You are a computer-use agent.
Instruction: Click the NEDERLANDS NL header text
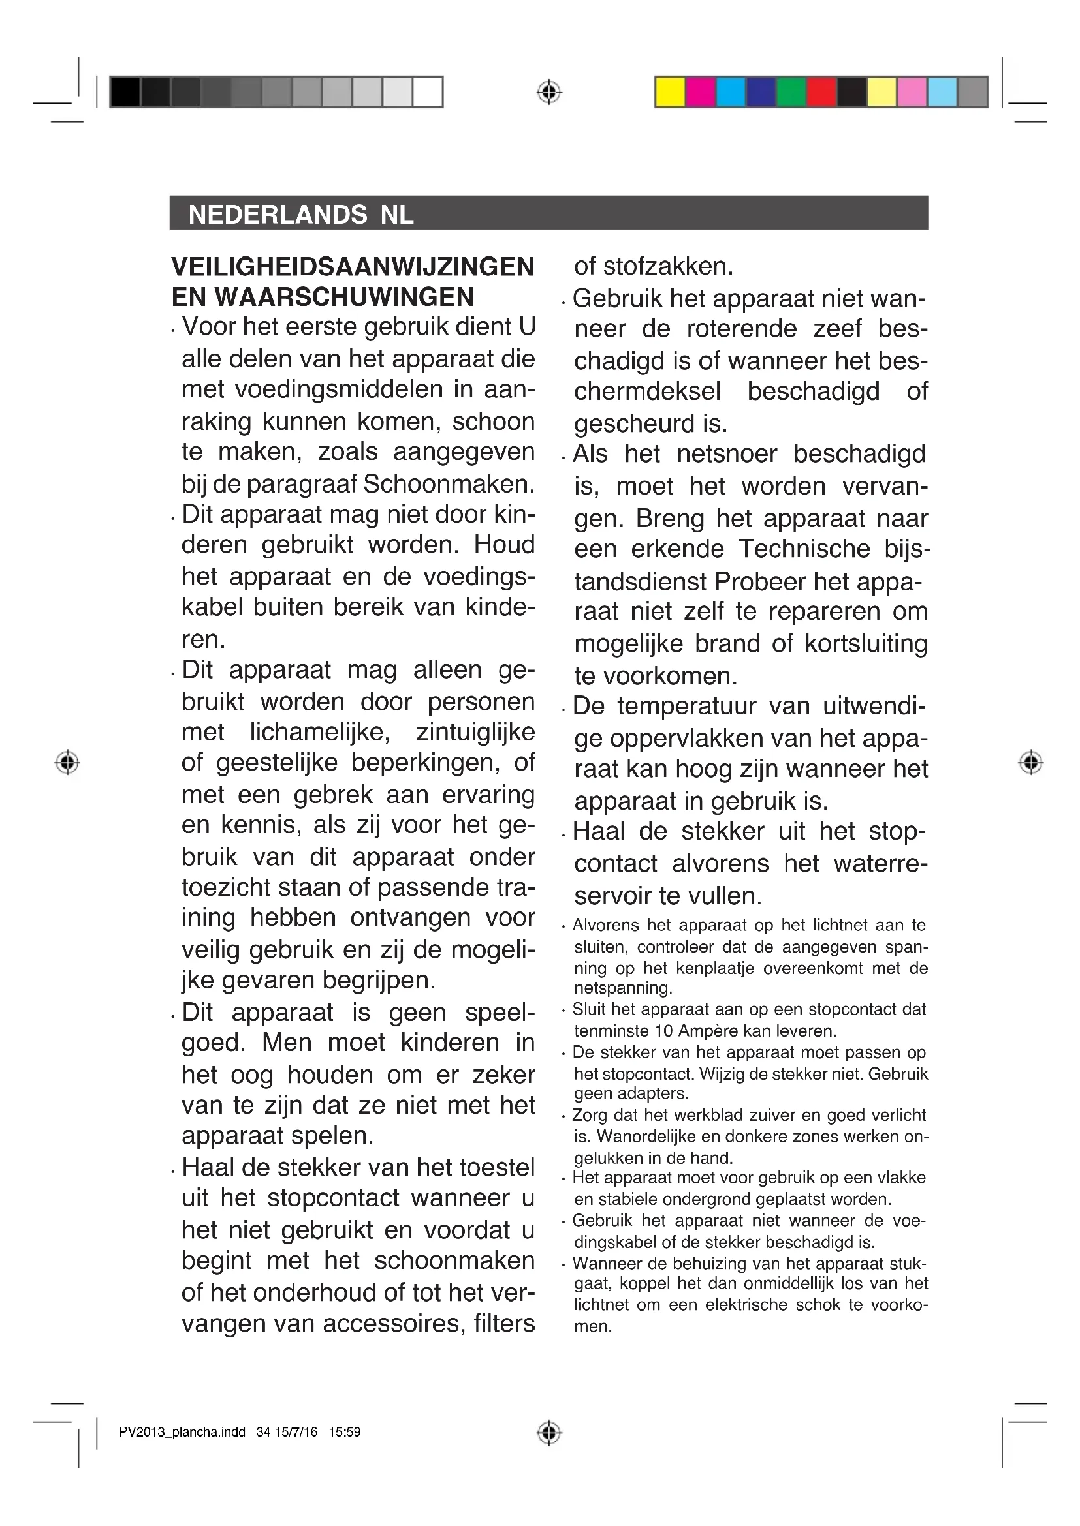pos(300,215)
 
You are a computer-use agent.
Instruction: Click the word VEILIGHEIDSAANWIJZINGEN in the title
pos(353,267)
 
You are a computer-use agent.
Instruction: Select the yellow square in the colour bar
pos(670,92)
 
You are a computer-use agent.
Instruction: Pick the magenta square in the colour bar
pos(700,92)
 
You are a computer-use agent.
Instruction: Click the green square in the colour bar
pos(791,92)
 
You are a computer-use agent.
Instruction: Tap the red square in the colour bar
pos(821,92)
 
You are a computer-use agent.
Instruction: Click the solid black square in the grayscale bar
pos(125,92)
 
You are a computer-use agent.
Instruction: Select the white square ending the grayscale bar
pos(428,92)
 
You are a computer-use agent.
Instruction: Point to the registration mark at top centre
pos(548,92)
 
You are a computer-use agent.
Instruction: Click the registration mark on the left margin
pos(67,761)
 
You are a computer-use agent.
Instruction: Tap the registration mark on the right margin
pos(1030,761)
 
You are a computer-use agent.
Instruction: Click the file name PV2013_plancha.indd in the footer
pos(182,1432)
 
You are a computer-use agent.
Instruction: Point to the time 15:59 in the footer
pos(345,1432)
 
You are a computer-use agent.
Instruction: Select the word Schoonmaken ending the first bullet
pos(448,484)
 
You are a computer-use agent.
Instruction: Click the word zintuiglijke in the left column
pos(475,732)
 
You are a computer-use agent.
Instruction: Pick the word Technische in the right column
pos(804,549)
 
